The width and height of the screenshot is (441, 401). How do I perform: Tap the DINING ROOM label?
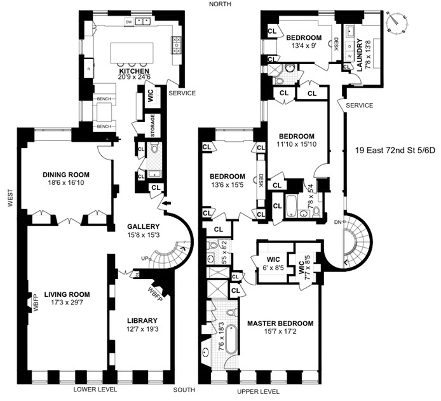coord(65,175)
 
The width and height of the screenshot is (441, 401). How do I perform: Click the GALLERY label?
coord(143,226)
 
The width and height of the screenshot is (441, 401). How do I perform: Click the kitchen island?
coord(133,52)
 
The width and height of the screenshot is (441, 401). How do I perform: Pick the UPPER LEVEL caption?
coord(259,391)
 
